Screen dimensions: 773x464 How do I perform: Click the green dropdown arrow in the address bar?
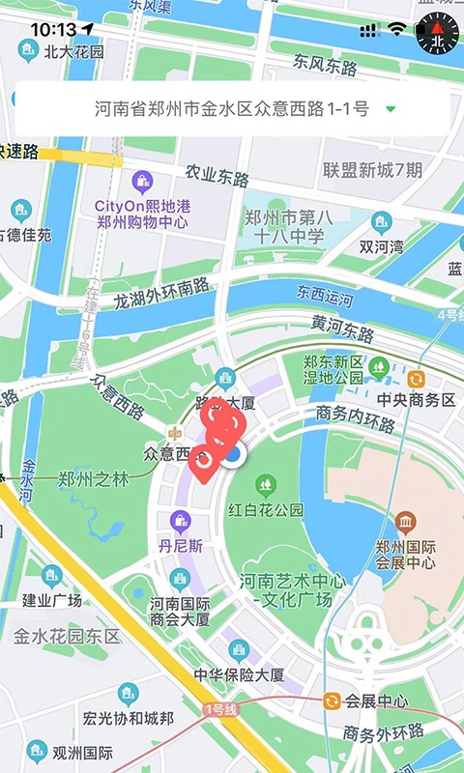point(391,109)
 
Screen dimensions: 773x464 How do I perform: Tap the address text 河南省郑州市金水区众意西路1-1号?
point(232,109)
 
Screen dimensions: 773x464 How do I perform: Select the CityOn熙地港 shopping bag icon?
point(142,181)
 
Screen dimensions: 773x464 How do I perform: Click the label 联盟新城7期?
point(372,171)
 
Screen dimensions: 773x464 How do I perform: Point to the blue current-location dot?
point(233,454)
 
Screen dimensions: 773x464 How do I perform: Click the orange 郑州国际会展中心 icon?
point(405,523)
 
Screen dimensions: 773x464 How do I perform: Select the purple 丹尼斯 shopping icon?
point(180,523)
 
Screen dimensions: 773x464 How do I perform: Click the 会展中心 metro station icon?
point(332,701)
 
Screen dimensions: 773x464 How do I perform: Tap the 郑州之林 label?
point(94,478)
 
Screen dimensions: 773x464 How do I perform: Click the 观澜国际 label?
point(83,753)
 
